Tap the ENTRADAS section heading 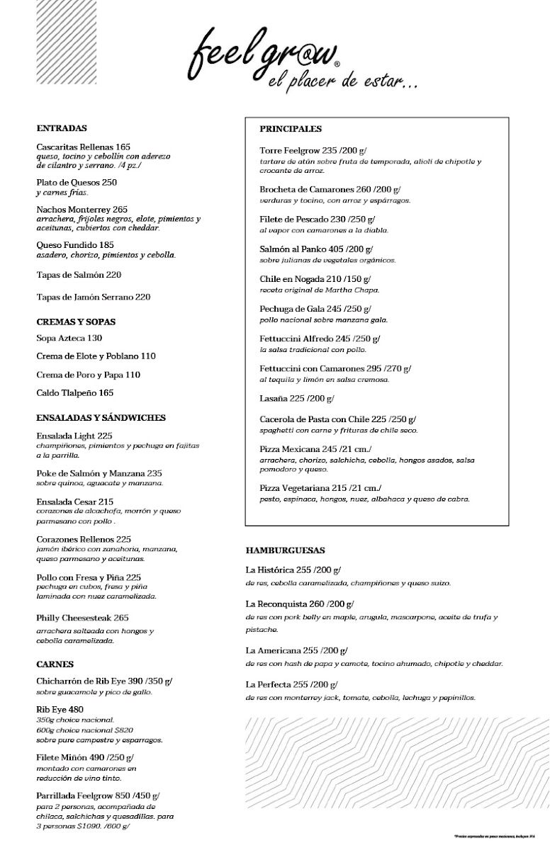(x=61, y=129)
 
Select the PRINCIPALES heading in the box (x=291, y=129)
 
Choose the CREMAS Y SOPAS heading (x=76, y=322)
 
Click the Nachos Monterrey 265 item (x=82, y=210)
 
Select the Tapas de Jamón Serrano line (x=93, y=297)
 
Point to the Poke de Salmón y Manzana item (x=99, y=473)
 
